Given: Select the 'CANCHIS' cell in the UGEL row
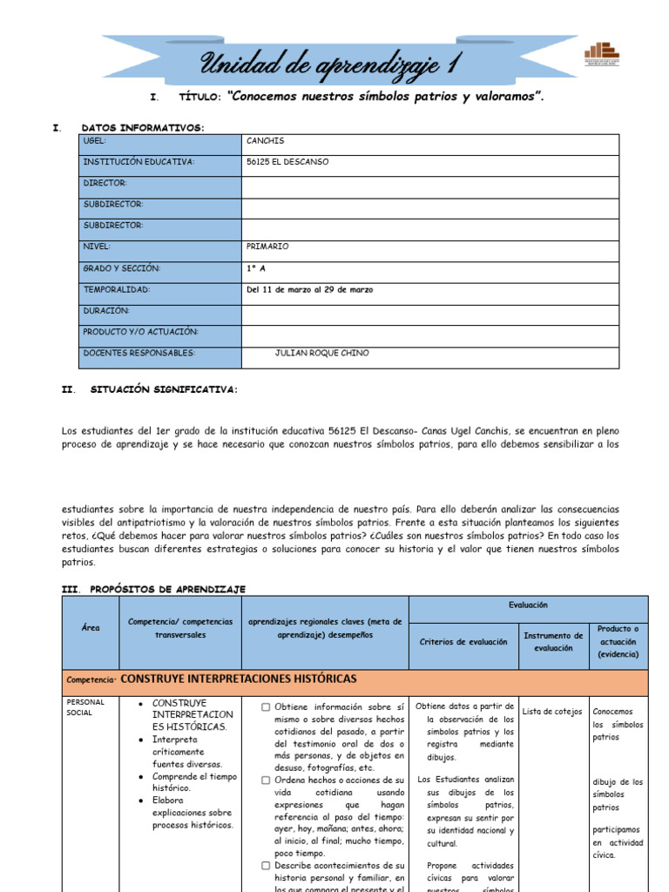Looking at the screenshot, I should pyautogui.click(x=266, y=140).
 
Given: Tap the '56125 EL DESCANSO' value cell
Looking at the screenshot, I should pyautogui.click(x=287, y=162).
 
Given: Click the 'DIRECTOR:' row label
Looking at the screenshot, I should pyautogui.click(x=105, y=183).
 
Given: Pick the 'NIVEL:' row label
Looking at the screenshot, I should pyautogui.click(x=97, y=247).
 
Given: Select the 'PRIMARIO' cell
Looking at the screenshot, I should pyautogui.click(x=267, y=247).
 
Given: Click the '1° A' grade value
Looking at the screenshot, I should pyautogui.click(x=256, y=268).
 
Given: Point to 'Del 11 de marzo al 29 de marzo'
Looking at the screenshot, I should pyautogui.click(x=309, y=289).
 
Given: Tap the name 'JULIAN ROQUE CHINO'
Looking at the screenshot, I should pyautogui.click(x=321, y=353).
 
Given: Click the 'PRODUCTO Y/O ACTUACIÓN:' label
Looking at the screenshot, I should pyautogui.click(x=140, y=332).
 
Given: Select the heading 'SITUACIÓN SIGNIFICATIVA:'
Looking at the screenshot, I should pyautogui.click(x=163, y=390).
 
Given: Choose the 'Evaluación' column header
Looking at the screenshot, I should pyautogui.click(x=528, y=605).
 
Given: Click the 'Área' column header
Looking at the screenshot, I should pyautogui.click(x=91, y=627).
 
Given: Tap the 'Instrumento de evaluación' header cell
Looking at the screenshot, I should pyautogui.click(x=553, y=642).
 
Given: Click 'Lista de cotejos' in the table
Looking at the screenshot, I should pyautogui.click(x=552, y=712).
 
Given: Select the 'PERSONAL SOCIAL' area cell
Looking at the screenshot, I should pyautogui.click(x=85, y=706).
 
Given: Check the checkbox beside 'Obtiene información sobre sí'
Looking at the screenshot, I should pyautogui.click(x=266, y=707).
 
